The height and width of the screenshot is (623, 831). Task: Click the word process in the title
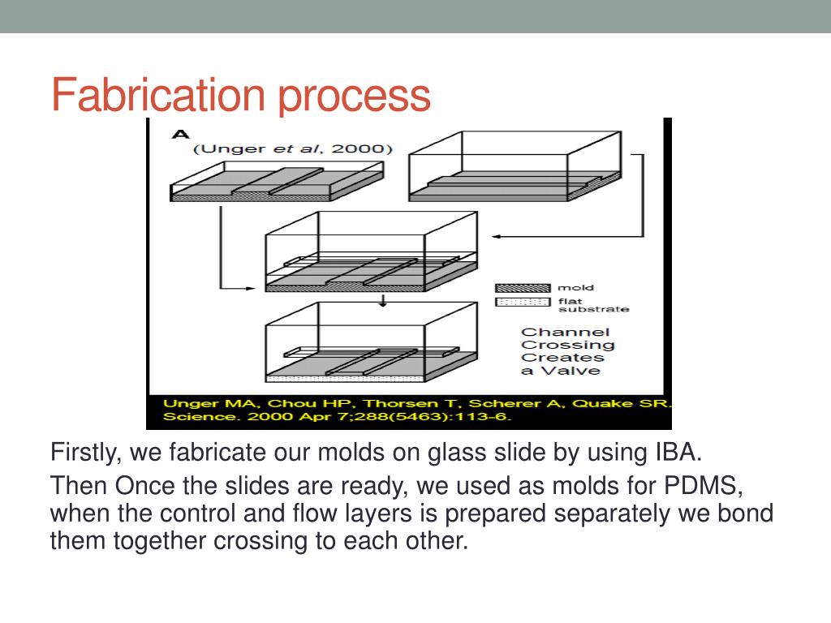355,96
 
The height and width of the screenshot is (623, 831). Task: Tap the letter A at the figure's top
180,134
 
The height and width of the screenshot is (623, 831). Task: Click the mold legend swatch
523,287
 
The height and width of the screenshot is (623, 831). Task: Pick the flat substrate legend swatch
523,303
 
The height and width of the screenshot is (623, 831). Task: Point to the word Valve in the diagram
573,371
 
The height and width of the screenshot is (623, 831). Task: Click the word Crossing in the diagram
567,345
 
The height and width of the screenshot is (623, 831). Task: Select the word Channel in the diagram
564,332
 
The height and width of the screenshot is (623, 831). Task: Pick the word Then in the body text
79,488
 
